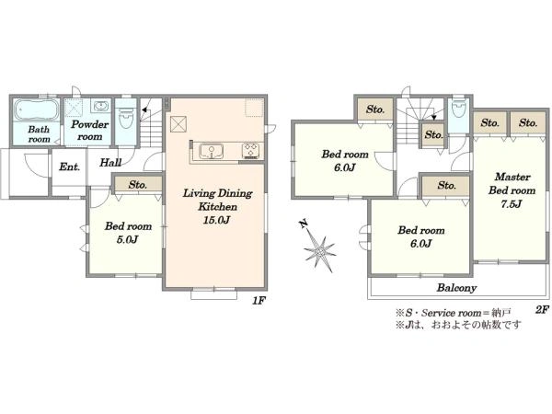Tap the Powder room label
click(x=89, y=131)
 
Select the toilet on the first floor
click(x=125, y=117)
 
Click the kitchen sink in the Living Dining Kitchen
click(x=212, y=151)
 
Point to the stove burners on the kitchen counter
click(x=250, y=150)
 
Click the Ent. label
click(x=69, y=167)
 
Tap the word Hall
click(x=110, y=162)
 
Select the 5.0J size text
click(x=127, y=240)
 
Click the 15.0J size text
click(x=216, y=220)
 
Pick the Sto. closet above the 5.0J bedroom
click(x=138, y=184)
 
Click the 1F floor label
click(x=259, y=300)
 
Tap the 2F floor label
click(x=542, y=309)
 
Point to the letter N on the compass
click(x=303, y=224)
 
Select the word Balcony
click(x=456, y=288)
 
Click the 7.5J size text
click(x=512, y=204)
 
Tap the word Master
click(x=512, y=177)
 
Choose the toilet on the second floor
click(x=458, y=109)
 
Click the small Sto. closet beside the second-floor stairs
click(x=433, y=135)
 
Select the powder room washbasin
click(x=101, y=105)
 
